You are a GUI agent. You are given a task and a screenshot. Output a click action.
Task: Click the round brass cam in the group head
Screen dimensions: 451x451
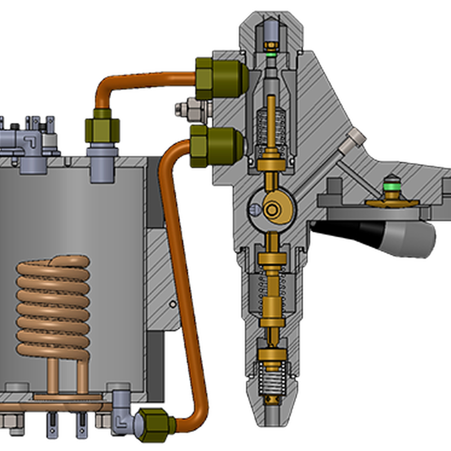click(x=276, y=210)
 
